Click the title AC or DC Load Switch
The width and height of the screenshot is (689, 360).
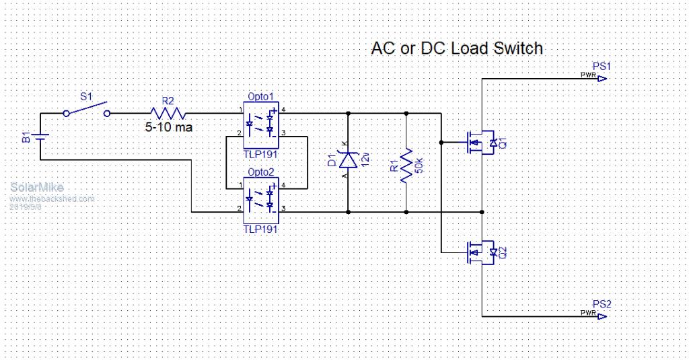click(x=457, y=49)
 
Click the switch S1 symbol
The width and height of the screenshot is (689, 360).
click(x=86, y=110)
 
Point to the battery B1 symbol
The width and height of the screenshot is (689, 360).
click(x=40, y=138)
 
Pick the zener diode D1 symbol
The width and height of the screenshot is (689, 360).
click(x=348, y=160)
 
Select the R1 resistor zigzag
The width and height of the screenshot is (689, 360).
click(x=406, y=167)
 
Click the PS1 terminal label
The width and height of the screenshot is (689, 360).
click(x=601, y=66)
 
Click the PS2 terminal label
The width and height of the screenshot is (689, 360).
click(x=601, y=304)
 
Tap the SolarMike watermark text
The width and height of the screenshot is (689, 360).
click(x=37, y=188)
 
